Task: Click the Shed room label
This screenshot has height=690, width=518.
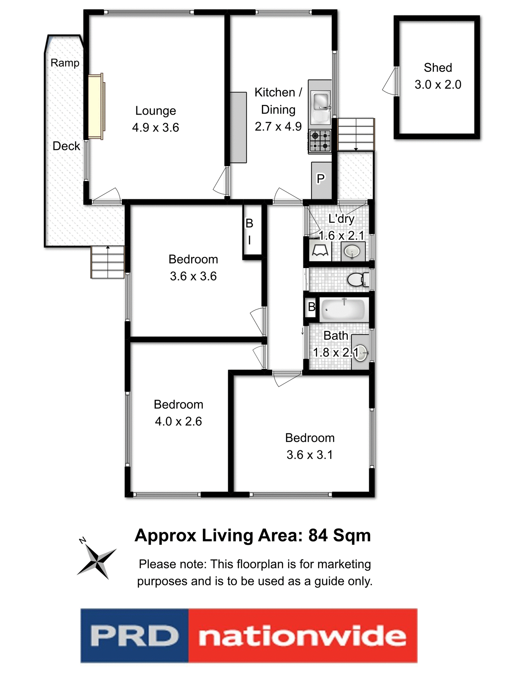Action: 437,68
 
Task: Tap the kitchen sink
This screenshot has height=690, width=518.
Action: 320,102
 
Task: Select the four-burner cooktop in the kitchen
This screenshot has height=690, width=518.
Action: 320,141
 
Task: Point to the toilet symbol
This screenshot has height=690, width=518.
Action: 358,280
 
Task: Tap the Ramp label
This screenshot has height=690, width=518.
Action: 65,63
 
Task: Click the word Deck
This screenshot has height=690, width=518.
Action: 66,146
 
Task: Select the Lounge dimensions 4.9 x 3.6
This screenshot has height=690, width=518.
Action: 155,128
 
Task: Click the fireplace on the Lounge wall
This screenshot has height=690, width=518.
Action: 96,106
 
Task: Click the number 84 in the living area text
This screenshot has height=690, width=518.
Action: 318,535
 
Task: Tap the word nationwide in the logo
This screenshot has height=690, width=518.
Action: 302,636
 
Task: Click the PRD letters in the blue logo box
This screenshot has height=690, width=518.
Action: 135,636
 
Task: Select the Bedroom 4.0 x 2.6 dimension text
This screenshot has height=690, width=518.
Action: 178,421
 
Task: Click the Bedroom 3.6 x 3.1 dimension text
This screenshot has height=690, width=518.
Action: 309,455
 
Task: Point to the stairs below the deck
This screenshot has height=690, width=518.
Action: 107,262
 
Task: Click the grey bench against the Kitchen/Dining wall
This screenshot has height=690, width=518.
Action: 238,128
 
